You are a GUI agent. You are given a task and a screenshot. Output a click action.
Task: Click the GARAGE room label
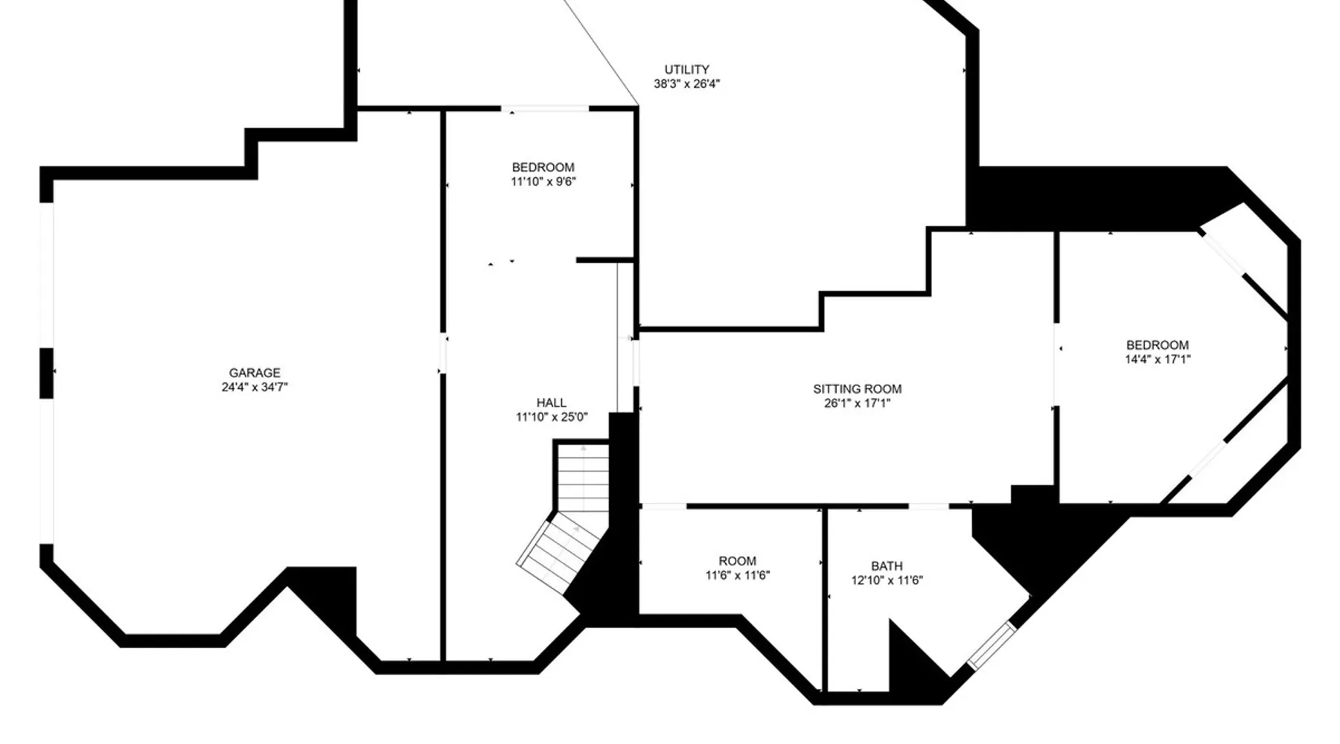(x=255, y=373)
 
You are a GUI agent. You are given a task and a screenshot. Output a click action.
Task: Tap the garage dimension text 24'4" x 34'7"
(x=255, y=387)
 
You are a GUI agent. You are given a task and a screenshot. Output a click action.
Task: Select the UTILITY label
(x=686, y=69)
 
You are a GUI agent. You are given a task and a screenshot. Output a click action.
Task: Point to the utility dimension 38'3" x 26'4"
(x=686, y=84)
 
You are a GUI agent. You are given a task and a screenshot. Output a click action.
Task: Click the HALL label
(x=552, y=403)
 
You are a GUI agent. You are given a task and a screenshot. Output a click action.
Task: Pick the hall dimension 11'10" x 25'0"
(x=552, y=417)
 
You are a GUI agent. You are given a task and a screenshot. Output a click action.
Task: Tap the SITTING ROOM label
(x=857, y=388)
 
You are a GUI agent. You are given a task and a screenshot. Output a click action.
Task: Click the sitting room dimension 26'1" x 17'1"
(x=857, y=403)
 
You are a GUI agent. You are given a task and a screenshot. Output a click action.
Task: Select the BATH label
(x=887, y=566)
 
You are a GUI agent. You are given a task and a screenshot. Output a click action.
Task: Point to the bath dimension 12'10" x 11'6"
(x=887, y=580)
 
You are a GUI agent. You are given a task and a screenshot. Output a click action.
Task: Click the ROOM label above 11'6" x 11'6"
(x=737, y=561)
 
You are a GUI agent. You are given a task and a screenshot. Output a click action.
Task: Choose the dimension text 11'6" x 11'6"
(x=737, y=575)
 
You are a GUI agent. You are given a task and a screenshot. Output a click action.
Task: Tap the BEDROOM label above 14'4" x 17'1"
(x=1157, y=345)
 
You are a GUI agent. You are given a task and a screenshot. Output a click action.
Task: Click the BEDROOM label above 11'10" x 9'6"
(x=543, y=167)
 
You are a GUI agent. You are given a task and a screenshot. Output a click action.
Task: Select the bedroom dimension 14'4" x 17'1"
(x=1157, y=359)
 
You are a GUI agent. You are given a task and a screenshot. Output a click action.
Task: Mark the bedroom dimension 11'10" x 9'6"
(x=543, y=182)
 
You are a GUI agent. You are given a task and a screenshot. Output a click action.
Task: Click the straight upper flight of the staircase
(x=583, y=476)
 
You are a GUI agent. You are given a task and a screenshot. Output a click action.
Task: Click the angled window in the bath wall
(x=991, y=645)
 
